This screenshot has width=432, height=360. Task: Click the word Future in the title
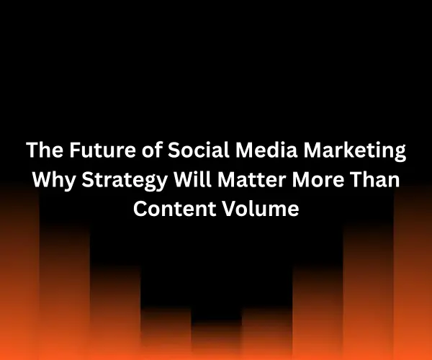(94, 153)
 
